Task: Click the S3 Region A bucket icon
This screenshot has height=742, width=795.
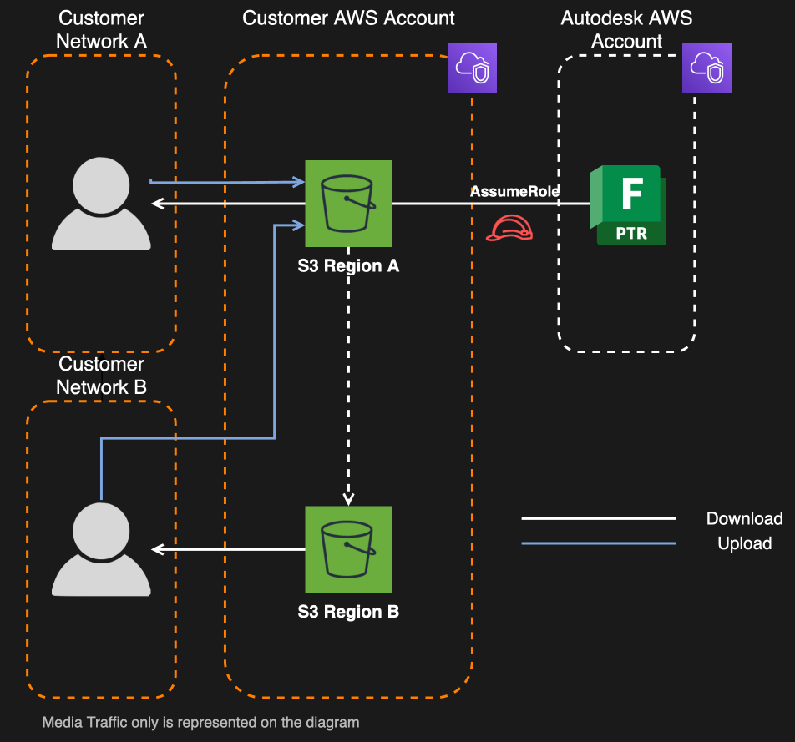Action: click(x=348, y=204)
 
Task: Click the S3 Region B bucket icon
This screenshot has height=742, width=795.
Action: click(x=348, y=549)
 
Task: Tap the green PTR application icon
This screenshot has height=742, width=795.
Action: click(x=629, y=205)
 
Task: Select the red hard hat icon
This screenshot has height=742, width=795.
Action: click(x=509, y=228)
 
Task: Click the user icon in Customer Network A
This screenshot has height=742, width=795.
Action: click(x=101, y=204)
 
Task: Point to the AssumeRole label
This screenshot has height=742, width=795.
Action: click(x=514, y=191)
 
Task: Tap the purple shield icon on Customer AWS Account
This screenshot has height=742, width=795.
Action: click(x=473, y=68)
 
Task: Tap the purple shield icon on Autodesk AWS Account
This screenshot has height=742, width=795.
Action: click(x=706, y=68)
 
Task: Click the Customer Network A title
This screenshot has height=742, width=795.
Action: click(x=101, y=29)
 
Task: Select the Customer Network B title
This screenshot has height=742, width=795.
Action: click(x=101, y=376)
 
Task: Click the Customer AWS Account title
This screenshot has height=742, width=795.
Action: click(x=348, y=18)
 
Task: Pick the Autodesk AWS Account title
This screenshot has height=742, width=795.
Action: click(x=626, y=29)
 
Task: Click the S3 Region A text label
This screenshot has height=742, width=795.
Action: click(x=348, y=266)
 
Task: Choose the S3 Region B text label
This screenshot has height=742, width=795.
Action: click(x=348, y=612)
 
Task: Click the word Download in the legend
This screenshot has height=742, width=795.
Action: click(x=744, y=518)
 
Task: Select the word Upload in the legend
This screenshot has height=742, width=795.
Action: click(x=744, y=543)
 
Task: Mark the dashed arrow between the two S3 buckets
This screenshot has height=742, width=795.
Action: click(x=348, y=376)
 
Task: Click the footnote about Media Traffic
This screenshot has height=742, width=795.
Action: click(x=200, y=722)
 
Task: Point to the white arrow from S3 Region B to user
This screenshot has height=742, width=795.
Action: click(x=230, y=549)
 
